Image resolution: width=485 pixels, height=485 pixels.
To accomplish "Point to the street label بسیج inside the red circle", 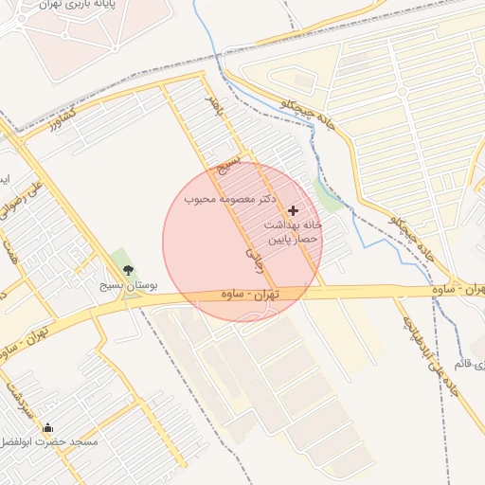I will click(x=225, y=168).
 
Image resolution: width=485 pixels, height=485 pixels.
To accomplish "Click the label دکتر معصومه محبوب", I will click(x=229, y=201).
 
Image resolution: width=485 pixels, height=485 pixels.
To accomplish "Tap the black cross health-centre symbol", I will click(x=293, y=209).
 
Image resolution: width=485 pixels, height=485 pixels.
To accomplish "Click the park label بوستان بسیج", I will click(x=130, y=284).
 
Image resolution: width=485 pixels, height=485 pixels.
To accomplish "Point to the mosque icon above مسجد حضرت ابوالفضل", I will click(x=48, y=428).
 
